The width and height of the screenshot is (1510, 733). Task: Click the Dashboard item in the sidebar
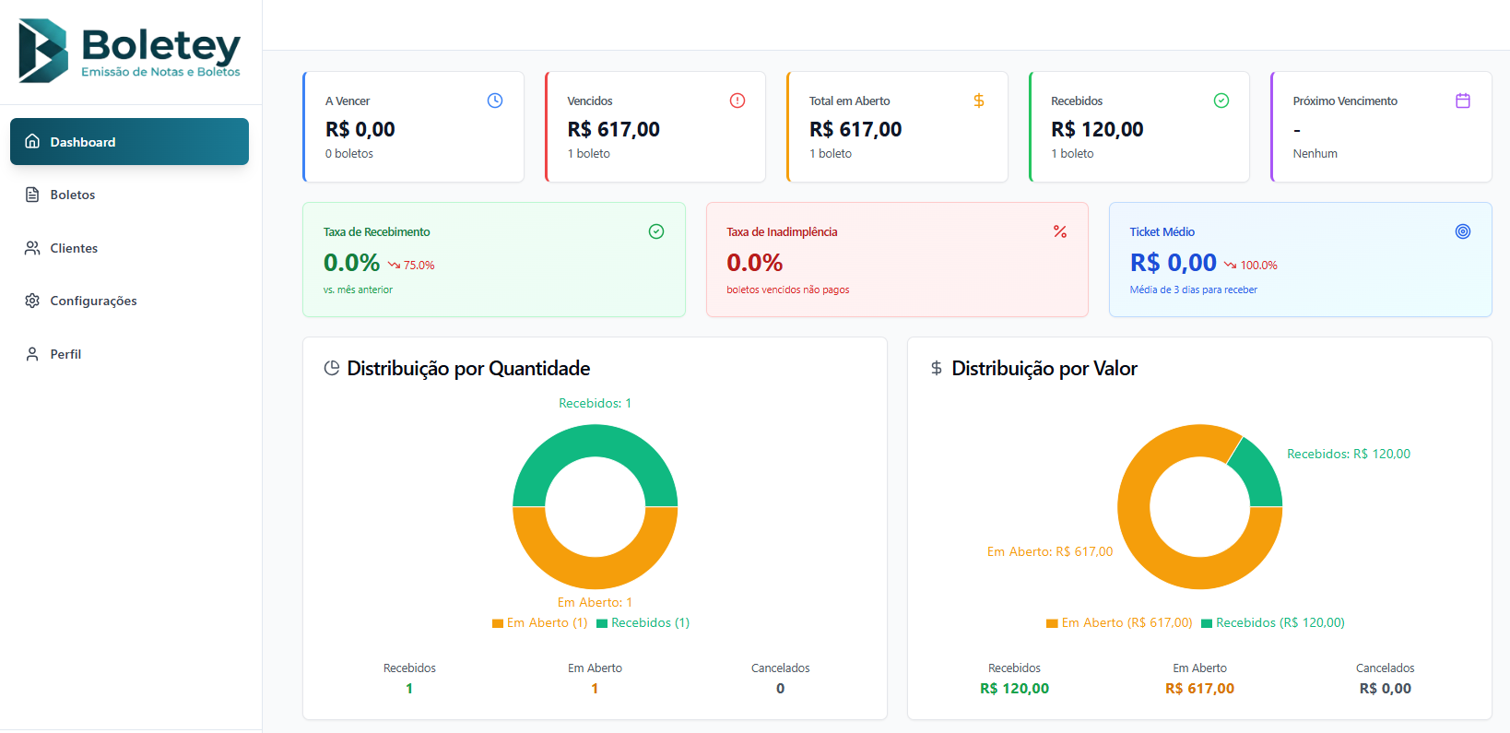tap(129, 142)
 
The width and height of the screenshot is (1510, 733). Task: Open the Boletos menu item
tap(72, 195)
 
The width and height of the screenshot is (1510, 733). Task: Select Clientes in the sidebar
tap(73, 248)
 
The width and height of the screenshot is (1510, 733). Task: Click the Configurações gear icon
tap(32, 301)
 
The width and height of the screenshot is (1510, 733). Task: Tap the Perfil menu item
tap(65, 354)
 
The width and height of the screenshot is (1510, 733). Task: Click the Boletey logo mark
tap(43, 51)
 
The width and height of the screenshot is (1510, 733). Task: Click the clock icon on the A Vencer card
tap(495, 100)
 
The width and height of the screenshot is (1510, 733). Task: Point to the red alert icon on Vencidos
tap(737, 100)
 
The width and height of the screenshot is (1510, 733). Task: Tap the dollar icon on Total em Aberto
tap(979, 100)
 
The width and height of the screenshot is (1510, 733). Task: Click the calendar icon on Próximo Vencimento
tap(1463, 100)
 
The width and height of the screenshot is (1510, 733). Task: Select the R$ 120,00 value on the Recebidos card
tap(1097, 130)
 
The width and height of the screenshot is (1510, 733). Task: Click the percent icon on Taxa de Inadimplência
tap(1060, 231)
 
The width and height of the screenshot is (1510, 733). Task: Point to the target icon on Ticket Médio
tap(1463, 231)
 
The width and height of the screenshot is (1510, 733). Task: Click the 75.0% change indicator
tap(412, 266)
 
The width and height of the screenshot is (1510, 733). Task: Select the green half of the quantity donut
tap(596, 441)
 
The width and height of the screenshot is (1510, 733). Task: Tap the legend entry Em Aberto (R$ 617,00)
tap(1119, 623)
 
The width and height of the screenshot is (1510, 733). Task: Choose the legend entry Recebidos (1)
tap(643, 623)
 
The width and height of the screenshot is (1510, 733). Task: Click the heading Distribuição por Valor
tap(1044, 369)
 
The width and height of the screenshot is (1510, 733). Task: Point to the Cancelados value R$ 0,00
tap(1385, 689)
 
